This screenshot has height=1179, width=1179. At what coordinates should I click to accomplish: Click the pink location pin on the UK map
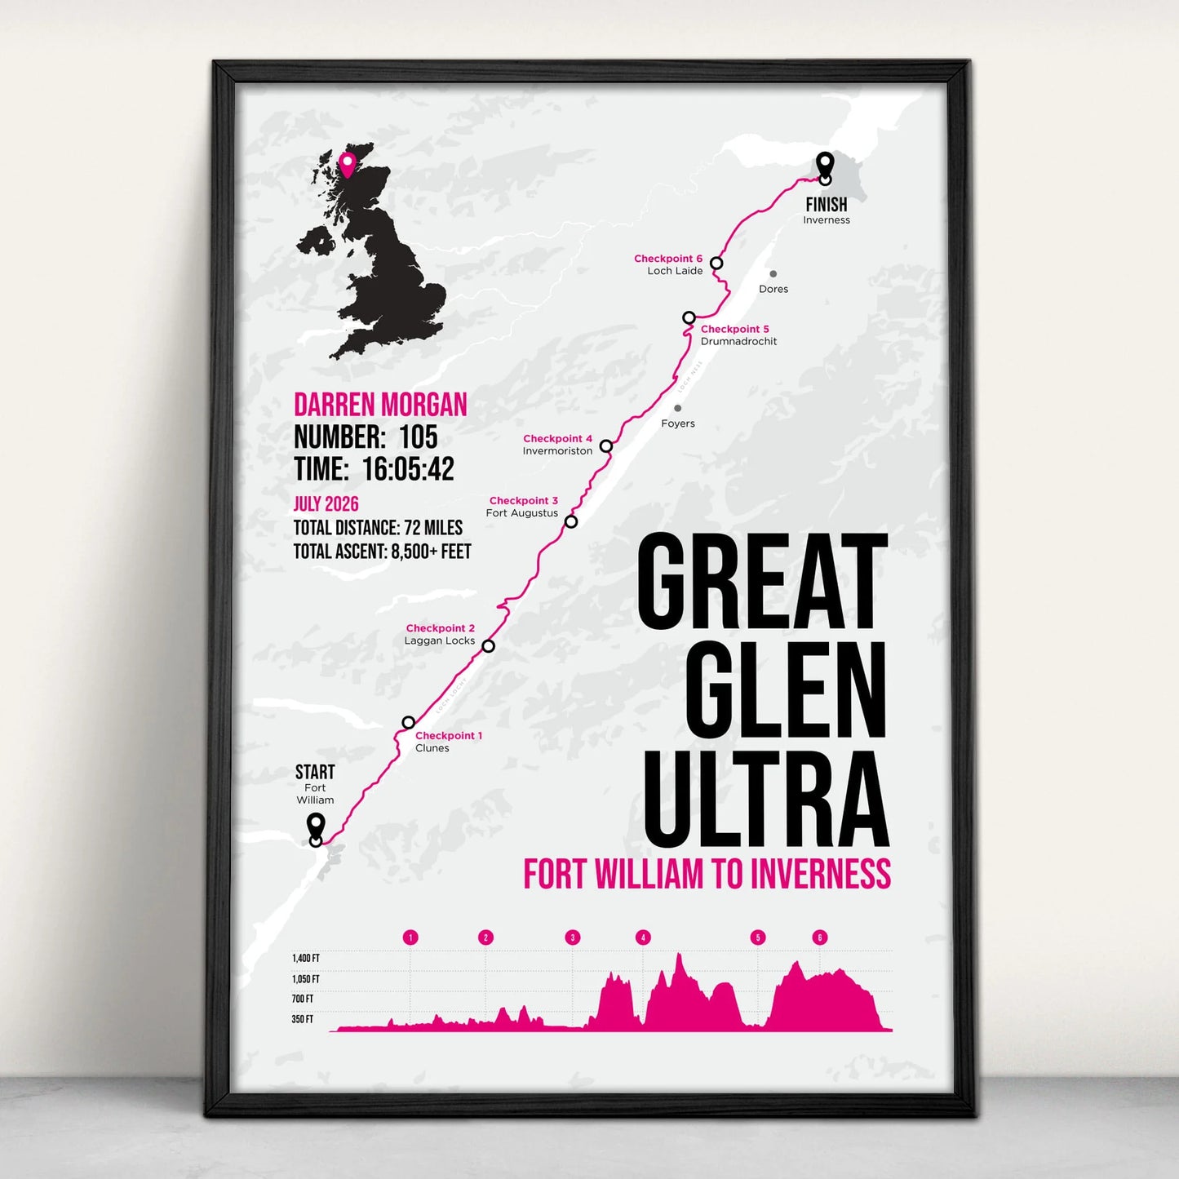348,164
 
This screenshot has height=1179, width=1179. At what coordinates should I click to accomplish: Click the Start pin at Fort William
316,829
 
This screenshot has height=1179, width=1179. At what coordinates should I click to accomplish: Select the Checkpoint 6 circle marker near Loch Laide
716,263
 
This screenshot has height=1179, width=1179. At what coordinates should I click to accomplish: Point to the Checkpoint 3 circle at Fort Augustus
571,521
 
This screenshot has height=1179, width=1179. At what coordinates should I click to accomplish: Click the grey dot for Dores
773,274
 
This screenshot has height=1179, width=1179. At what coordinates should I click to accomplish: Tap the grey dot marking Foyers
677,409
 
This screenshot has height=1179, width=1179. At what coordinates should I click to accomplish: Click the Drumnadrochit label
738,342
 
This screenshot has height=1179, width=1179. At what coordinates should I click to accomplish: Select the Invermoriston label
557,451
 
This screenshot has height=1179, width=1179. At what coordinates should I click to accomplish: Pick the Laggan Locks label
439,640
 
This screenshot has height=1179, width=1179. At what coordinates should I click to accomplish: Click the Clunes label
432,748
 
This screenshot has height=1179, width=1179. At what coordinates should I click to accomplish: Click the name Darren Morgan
380,405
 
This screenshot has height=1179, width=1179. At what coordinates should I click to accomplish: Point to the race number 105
418,437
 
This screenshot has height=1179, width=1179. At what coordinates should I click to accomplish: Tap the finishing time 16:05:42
408,469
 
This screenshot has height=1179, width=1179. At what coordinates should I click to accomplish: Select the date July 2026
326,504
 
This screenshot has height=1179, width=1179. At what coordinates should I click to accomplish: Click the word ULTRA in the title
765,799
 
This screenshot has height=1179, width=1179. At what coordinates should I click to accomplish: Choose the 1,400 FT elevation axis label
306,958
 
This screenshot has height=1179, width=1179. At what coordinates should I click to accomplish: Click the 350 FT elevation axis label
303,1019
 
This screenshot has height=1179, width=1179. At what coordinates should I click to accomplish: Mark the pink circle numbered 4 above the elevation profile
643,937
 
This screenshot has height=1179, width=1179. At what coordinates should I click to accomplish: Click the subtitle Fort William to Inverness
707,874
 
